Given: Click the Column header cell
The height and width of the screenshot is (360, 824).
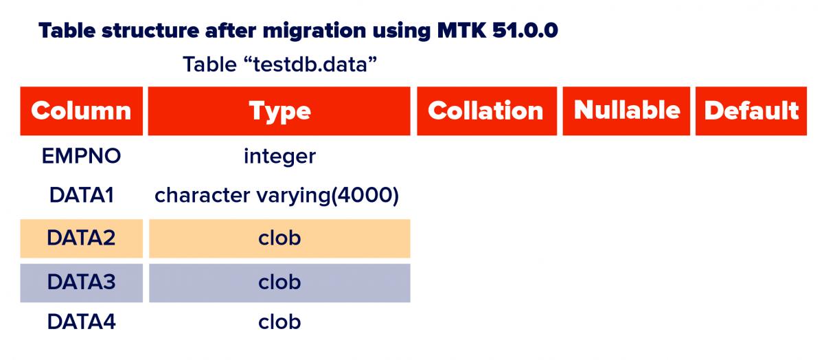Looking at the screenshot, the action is click(81, 111).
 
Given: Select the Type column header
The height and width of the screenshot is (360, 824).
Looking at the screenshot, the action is click(279, 111).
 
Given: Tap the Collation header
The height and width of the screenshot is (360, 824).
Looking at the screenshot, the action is click(487, 111).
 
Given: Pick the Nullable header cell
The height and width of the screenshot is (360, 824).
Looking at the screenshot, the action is click(626, 111).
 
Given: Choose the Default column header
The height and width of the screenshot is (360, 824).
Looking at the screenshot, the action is click(751, 111).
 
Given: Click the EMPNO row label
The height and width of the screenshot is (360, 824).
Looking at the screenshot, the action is click(81, 156).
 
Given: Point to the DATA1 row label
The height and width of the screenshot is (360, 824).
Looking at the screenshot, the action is click(81, 194).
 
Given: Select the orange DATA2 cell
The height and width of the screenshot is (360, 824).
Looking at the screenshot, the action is click(81, 238).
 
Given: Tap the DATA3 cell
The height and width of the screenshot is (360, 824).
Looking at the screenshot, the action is click(81, 282).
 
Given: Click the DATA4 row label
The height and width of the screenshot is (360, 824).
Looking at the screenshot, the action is click(81, 322).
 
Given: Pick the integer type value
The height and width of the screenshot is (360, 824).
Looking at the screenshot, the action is click(279, 157).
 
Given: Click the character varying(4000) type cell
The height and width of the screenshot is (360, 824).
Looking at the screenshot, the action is click(277, 195).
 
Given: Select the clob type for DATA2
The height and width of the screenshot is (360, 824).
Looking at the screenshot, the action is click(279, 238).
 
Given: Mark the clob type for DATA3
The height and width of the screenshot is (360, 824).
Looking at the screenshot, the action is click(279, 282).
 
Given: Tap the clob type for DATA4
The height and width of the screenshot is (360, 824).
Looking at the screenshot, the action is click(279, 322).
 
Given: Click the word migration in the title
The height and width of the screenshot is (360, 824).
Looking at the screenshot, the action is click(314, 31).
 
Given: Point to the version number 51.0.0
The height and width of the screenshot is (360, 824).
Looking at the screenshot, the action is click(525, 30).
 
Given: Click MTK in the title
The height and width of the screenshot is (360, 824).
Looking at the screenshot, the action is click(462, 30).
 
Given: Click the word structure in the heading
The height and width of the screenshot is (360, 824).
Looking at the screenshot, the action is click(150, 30).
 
